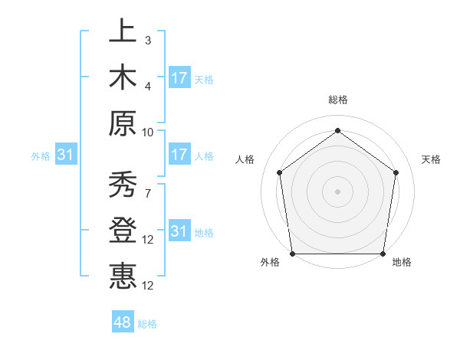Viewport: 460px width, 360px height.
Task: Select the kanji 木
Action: (x=123, y=78)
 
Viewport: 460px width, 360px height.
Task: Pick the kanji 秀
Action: (x=123, y=185)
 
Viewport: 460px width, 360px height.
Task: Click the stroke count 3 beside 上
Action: (x=148, y=40)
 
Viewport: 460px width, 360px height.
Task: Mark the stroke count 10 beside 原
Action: (x=148, y=131)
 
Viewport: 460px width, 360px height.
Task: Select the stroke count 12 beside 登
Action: (x=148, y=240)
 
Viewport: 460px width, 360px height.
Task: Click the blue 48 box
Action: (x=123, y=322)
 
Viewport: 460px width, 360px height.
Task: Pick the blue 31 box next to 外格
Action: (x=66, y=155)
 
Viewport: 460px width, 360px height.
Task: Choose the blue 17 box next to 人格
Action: (x=179, y=155)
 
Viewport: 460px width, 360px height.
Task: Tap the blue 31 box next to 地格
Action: (x=179, y=231)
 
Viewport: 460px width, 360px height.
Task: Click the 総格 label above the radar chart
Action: (x=337, y=100)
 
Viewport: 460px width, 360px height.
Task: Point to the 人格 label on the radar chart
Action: (x=245, y=159)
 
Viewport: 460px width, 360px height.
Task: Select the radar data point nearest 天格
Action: (x=396, y=172)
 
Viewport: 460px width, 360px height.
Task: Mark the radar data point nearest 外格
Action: (x=293, y=254)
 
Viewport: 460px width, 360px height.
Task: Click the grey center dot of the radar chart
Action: (x=337, y=191)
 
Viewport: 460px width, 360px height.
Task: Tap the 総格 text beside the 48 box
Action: (x=147, y=324)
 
